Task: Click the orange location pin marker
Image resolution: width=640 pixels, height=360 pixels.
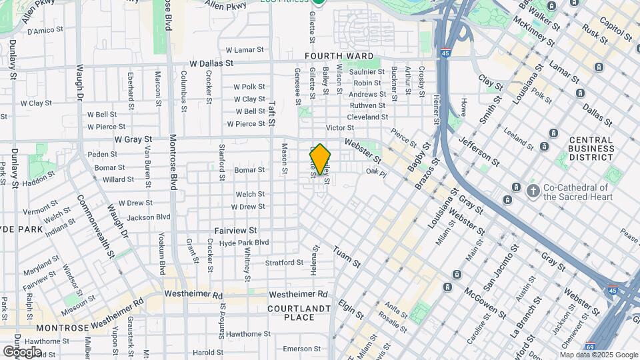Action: (x=321, y=160)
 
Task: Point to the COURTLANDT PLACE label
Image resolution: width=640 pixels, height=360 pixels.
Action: (x=299, y=313)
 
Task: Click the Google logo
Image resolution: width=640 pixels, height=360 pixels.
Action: (x=22, y=351)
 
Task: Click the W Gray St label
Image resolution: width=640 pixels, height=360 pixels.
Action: (x=133, y=140)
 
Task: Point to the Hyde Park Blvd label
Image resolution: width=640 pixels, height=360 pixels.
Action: (x=244, y=243)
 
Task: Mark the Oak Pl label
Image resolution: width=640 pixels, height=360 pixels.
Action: (x=376, y=173)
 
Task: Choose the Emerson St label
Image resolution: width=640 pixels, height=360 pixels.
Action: (x=297, y=349)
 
